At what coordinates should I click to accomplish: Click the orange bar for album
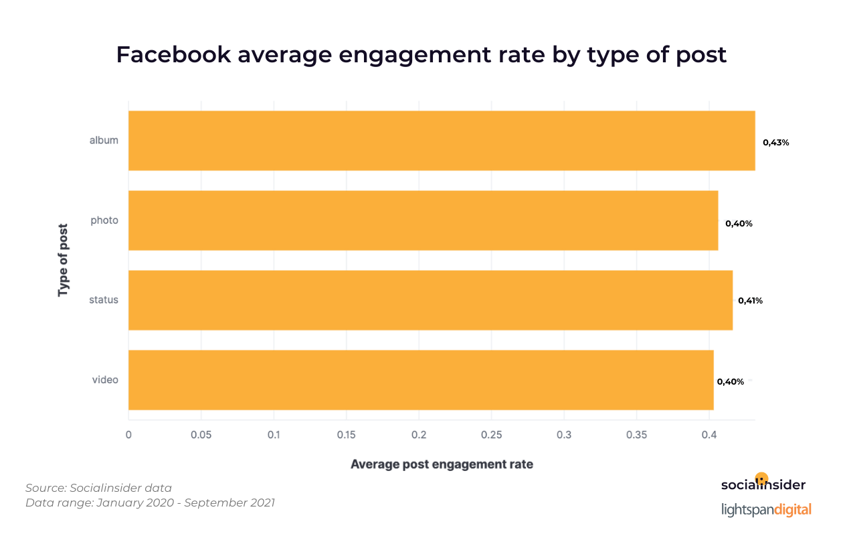[x=442, y=141]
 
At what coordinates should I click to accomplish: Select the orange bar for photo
[x=423, y=220]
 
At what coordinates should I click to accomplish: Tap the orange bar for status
[x=430, y=300]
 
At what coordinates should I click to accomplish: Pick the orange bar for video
[x=421, y=380]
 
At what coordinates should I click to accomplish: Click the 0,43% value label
[x=776, y=142]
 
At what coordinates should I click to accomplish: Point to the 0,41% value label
[x=750, y=301]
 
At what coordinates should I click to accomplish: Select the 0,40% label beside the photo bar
[x=739, y=224]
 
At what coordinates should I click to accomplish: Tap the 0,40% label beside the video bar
[x=730, y=382]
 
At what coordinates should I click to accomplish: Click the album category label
[x=104, y=141]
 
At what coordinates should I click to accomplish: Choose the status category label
[x=104, y=300]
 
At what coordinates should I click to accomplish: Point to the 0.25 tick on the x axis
[x=491, y=435]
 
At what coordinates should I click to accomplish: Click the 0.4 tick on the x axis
[x=709, y=435]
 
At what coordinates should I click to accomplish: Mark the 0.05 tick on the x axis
[x=201, y=435]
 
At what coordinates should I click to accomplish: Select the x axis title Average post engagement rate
[x=442, y=464]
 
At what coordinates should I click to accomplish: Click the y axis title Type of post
[x=64, y=261]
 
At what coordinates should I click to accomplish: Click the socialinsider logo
[x=763, y=484]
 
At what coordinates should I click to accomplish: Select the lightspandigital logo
[x=766, y=509]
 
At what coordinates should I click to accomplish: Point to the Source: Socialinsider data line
[x=98, y=488]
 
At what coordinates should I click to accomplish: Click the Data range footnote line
[x=150, y=503]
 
